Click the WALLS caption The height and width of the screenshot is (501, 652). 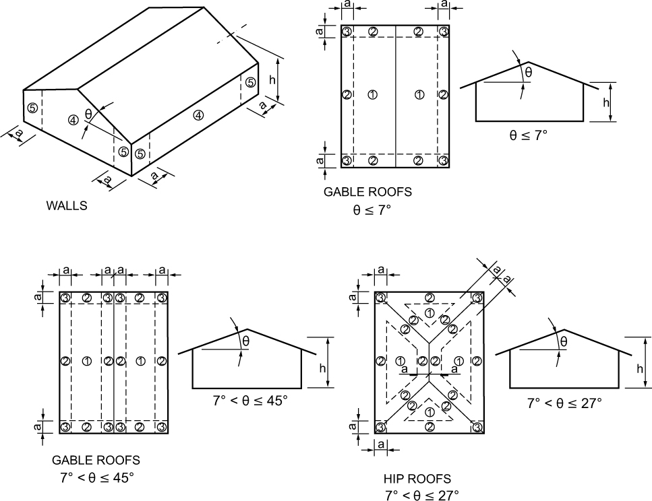click(67, 206)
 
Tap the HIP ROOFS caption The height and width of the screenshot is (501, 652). click(417, 479)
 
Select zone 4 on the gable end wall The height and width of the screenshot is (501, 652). click(73, 120)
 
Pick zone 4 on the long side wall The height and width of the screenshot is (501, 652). click(198, 114)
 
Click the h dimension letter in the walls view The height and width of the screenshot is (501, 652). click(272, 79)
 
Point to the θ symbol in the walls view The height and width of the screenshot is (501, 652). click(88, 113)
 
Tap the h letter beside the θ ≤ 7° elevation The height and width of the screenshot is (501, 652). click(606, 102)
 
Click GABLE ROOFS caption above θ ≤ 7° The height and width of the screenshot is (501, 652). click(367, 192)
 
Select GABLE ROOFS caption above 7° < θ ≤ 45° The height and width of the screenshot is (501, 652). click(96, 461)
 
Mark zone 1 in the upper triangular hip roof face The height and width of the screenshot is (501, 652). click(429, 312)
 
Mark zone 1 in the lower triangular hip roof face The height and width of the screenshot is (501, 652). click(429, 411)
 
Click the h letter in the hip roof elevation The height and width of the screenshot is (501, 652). click(639, 369)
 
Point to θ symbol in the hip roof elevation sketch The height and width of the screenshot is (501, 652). click(564, 342)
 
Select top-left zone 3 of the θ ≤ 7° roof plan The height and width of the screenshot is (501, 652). click(347, 32)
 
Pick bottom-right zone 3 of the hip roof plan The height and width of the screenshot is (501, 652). click(477, 428)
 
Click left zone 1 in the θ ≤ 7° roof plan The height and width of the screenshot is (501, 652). click(372, 95)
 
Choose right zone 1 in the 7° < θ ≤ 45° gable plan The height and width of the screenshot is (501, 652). click(140, 362)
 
